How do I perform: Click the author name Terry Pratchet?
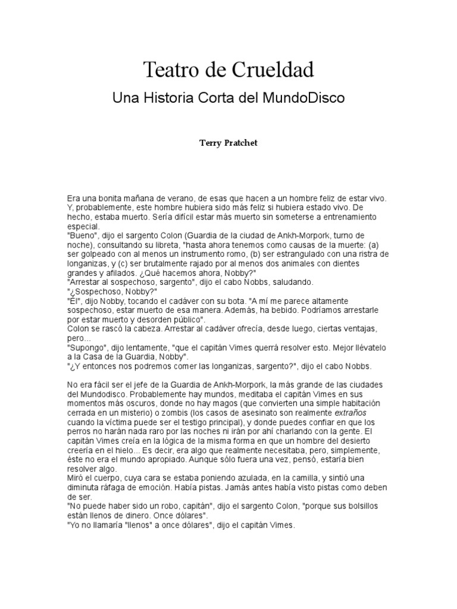[x=228, y=144]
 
